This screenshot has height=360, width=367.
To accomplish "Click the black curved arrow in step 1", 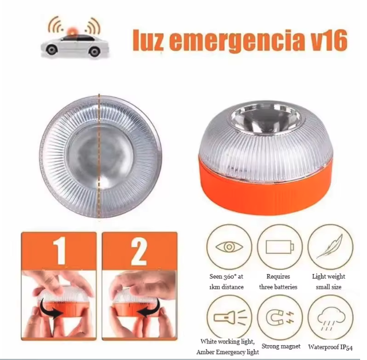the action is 51,308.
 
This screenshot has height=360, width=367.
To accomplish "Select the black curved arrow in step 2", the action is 148,308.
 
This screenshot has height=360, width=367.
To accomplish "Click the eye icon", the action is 229,247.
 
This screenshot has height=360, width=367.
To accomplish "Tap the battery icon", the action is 280,247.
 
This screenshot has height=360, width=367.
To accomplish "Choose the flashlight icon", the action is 231,317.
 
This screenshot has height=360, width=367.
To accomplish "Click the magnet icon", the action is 280,318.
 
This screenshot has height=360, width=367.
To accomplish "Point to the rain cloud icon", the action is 331,319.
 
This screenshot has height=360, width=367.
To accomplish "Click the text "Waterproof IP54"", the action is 330,347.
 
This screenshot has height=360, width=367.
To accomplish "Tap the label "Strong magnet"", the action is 281,346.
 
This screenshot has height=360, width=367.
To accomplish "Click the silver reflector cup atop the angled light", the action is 266,119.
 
